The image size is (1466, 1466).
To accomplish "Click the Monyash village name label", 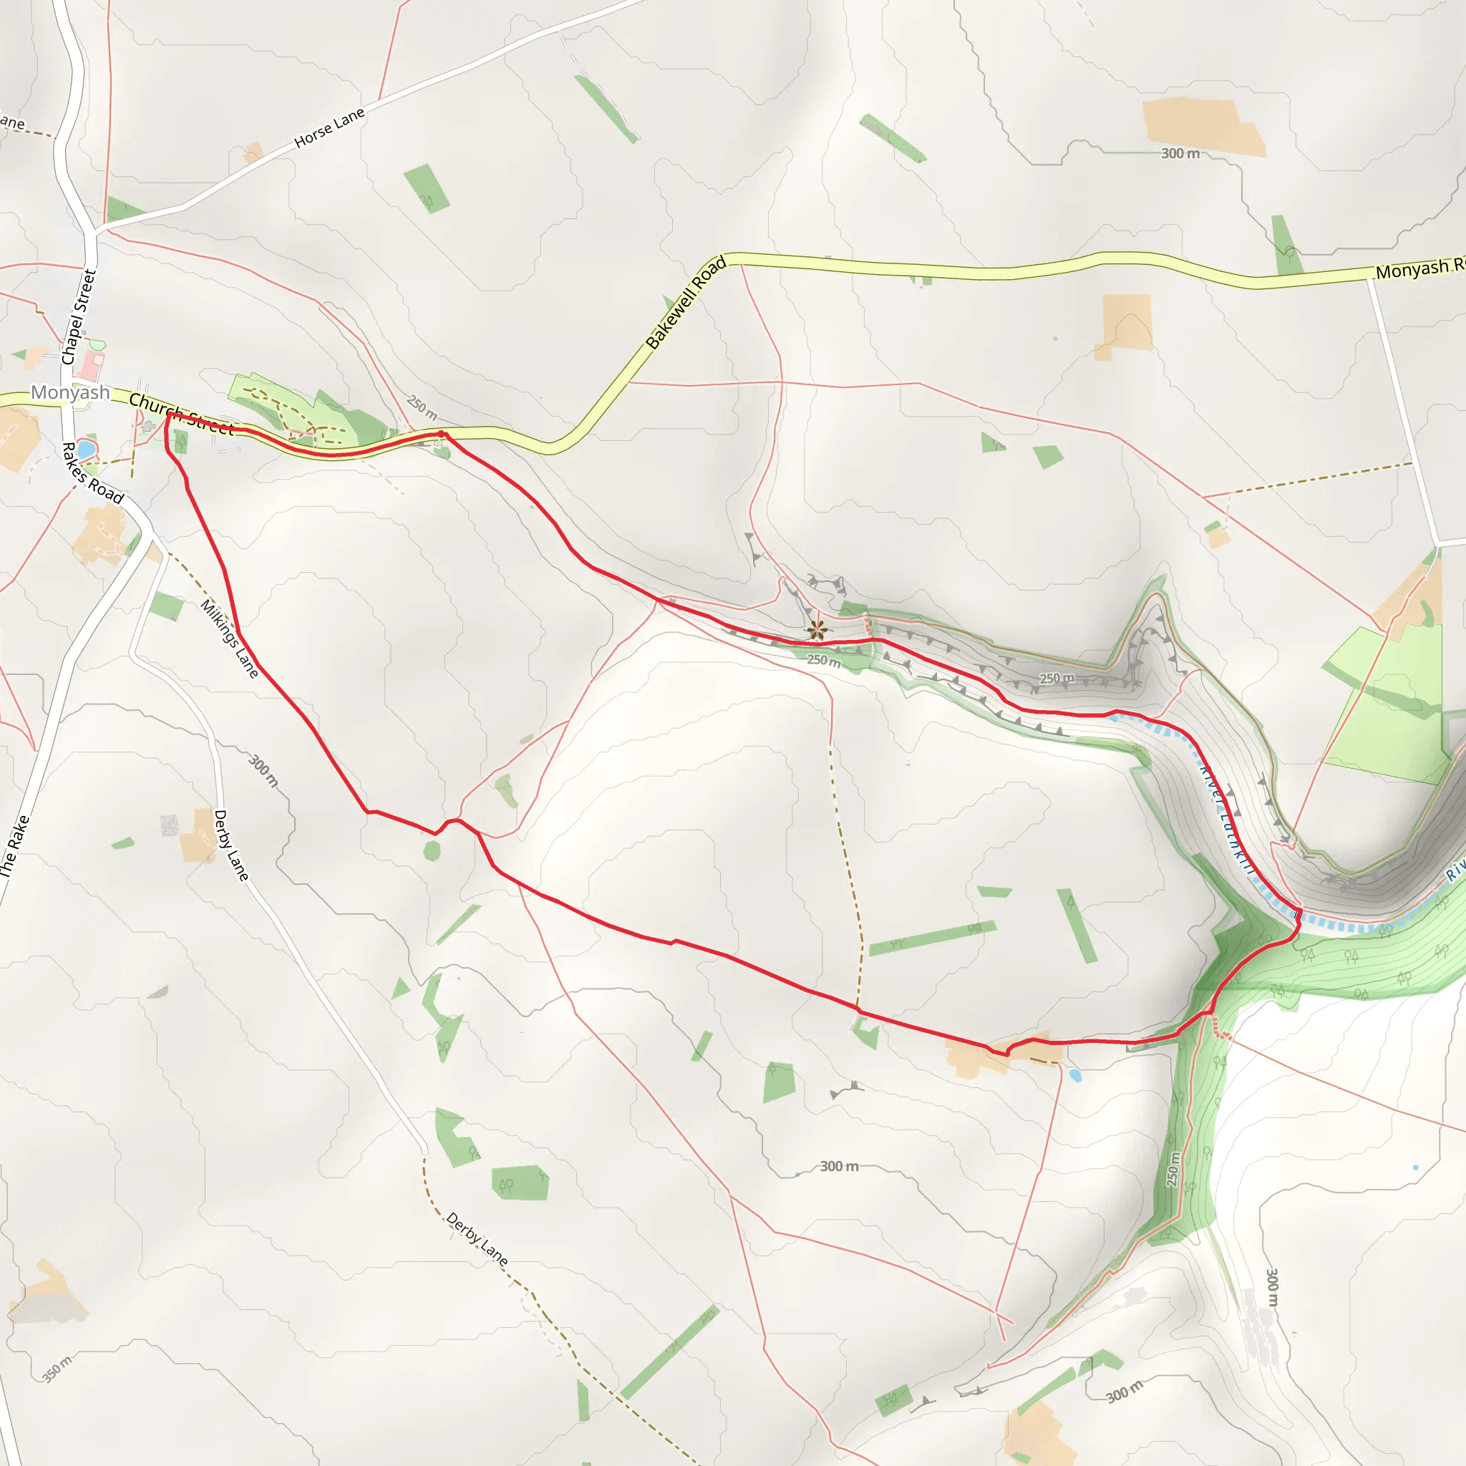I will pos(70,392).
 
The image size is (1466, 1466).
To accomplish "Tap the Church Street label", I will pos(181,414).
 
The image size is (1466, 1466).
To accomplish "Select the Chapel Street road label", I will pos(79,317).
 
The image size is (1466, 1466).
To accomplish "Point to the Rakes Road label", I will pos(92,472).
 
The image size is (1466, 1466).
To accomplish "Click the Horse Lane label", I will pos(329,127).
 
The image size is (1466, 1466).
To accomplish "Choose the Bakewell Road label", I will pos(686,302).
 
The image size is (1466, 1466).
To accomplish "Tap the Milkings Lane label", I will pos(229,637).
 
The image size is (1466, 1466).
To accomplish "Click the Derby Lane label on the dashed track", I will pos(477,1238).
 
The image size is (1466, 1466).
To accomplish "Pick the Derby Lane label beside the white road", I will pos(230,845).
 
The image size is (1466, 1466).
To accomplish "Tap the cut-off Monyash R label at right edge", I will pos(1419,268).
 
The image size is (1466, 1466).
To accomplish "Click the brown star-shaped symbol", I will pos(817,629).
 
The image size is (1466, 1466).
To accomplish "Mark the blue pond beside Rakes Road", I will pos(86,450).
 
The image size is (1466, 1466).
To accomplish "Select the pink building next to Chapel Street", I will pos(91,365).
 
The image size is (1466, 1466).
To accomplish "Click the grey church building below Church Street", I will pos(148,427).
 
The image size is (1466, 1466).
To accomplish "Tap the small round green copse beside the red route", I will pos(432,851).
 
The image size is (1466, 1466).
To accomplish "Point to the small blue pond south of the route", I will pos(1074,1075).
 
